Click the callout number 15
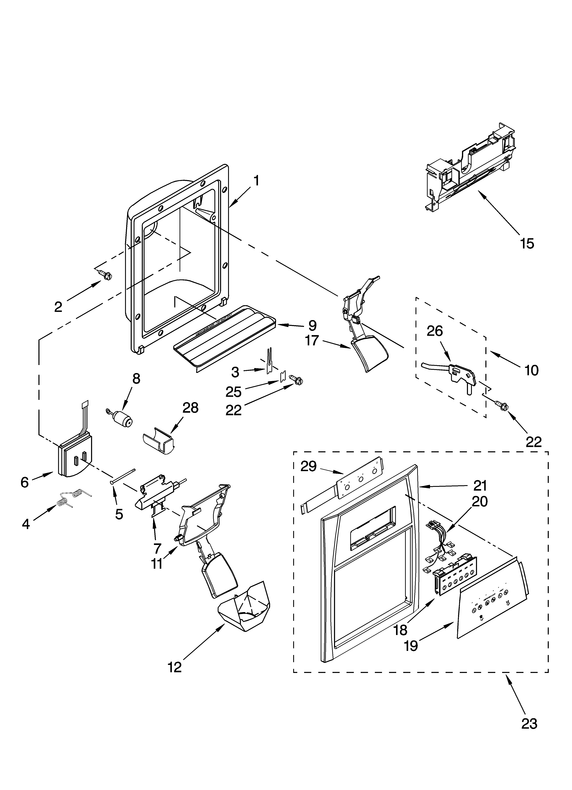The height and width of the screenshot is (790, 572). click(x=527, y=244)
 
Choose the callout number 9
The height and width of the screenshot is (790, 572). click(x=312, y=326)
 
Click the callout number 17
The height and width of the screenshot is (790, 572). click(x=312, y=340)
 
